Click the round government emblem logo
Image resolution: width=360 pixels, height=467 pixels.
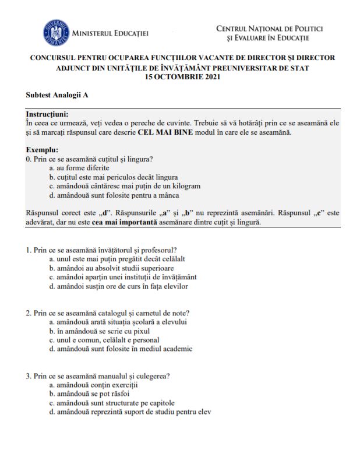(x=55, y=33)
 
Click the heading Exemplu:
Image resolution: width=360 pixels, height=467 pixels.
(x=42, y=150)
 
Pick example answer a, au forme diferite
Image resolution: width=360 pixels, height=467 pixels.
(x=79, y=167)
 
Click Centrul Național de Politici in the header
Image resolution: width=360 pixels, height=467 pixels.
(x=269, y=28)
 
